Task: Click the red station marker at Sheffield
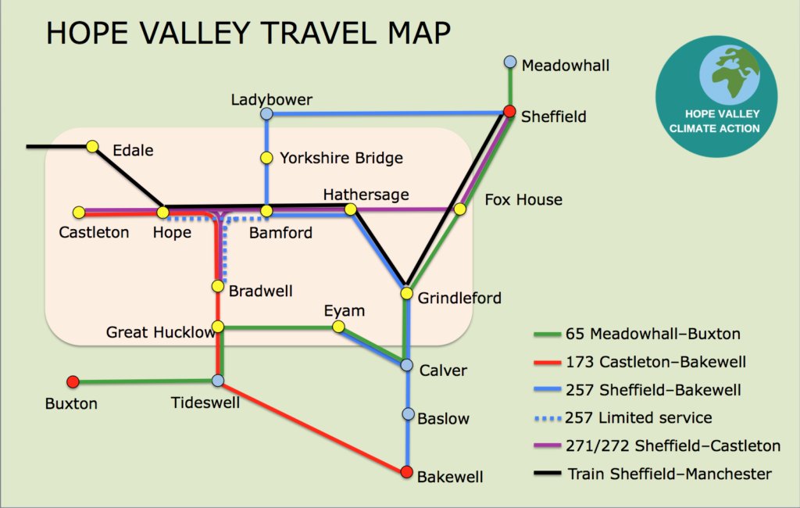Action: [509, 111]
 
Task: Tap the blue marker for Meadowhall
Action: [510, 62]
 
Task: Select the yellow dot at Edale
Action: [93, 146]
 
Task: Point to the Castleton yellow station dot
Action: [79, 213]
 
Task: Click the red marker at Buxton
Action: [73, 381]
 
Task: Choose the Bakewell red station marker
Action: [406, 472]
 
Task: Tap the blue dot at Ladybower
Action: [266, 114]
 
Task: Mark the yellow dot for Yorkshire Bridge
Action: [266, 158]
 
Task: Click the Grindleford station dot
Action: [406, 293]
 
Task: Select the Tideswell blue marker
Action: [218, 380]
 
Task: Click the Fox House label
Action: [523, 200]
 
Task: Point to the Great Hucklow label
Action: [159, 333]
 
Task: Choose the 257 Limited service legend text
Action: [652, 418]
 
